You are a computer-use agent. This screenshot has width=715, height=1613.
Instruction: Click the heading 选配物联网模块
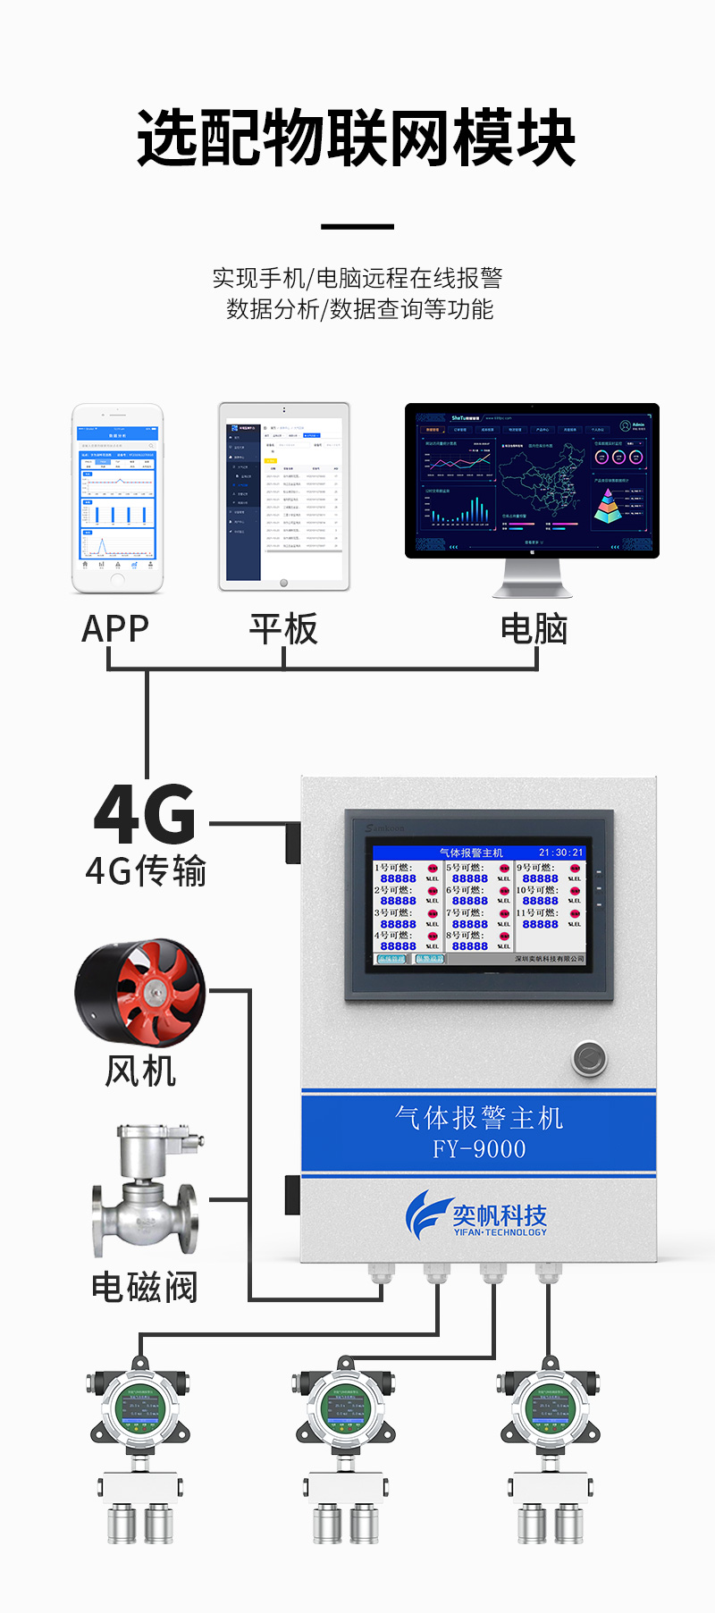357,139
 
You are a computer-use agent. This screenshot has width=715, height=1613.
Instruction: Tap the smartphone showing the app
118,498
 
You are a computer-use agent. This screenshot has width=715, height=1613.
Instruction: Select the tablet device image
284,496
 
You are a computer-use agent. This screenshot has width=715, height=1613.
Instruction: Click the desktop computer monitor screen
532,481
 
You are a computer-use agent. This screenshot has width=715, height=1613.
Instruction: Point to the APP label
115,629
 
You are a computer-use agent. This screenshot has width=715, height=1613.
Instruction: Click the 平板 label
283,629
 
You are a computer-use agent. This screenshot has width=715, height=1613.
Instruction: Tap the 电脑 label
534,629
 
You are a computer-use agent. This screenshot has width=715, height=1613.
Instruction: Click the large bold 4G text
145,814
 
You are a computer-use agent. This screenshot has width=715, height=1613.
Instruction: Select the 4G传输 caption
146,870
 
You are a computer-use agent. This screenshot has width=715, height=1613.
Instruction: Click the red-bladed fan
140,992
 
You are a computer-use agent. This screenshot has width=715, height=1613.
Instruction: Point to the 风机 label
140,1071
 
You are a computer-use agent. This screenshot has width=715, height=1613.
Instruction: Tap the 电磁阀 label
144,1288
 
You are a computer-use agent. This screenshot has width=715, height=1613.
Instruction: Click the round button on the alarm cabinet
589,1059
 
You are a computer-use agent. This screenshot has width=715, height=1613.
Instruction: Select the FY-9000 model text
479,1149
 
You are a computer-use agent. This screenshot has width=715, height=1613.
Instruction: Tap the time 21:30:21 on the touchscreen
560,853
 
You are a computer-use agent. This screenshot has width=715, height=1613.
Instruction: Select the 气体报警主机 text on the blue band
479,1118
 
